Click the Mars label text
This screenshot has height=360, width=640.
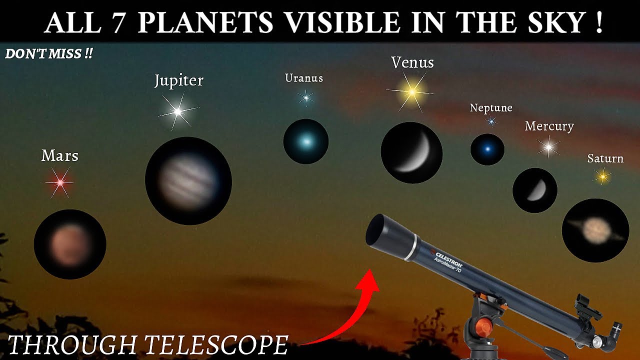click(x=60, y=156)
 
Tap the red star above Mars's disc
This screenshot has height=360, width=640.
click(x=60, y=183)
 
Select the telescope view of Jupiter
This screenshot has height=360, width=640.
click(x=188, y=180)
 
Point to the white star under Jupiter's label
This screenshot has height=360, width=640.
click(x=178, y=112)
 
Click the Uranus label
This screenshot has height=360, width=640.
click(x=304, y=78)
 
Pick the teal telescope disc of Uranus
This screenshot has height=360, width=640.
click(x=305, y=141)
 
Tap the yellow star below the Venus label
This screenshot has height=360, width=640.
click(x=412, y=92)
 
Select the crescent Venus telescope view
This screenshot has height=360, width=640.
click(x=411, y=152)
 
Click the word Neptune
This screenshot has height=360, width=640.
click(x=491, y=108)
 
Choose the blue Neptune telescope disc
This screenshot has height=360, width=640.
click(x=487, y=149)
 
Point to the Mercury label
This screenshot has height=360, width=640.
click(x=549, y=126)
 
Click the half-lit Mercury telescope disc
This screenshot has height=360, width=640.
click(x=535, y=190)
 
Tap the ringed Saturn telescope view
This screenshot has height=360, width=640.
click(x=595, y=230)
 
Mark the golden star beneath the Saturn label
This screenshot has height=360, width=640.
click(x=602, y=176)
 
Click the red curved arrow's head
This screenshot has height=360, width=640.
click(x=371, y=280)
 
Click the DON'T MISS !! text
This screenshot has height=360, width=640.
click(x=48, y=54)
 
